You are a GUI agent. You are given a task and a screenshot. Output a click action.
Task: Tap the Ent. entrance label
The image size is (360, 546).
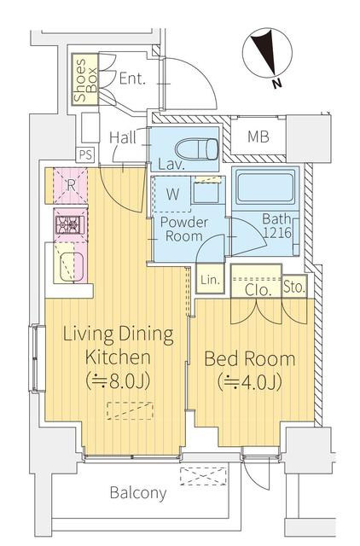[131, 78]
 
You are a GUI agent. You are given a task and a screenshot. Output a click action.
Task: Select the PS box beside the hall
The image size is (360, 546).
[85, 154]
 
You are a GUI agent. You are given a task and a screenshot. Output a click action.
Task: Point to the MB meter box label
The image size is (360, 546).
[258, 136]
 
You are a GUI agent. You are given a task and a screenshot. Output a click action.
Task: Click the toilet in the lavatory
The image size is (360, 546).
[197, 149]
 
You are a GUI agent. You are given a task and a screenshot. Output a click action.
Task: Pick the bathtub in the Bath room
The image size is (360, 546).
[265, 186]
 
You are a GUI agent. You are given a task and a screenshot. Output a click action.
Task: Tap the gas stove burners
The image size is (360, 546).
[70, 224]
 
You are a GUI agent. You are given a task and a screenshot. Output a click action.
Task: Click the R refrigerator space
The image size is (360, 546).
[70, 186]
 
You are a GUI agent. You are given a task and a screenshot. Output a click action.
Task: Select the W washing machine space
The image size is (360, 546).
[172, 194]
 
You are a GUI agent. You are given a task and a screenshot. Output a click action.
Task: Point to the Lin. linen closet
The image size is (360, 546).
[210, 279]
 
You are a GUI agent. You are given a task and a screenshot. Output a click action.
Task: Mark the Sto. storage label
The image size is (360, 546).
[294, 288]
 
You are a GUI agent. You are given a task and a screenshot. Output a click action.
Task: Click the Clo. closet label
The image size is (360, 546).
[258, 290]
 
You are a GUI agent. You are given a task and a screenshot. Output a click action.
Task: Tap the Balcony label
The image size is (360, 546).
[138, 493]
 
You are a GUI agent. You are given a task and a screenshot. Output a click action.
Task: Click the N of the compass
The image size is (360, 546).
[276, 84]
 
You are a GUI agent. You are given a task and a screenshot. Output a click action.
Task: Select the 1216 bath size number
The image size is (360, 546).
[277, 233]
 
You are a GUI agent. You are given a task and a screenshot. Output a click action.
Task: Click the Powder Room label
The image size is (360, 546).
[184, 229]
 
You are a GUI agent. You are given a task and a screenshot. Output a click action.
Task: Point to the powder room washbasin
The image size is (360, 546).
[205, 192]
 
